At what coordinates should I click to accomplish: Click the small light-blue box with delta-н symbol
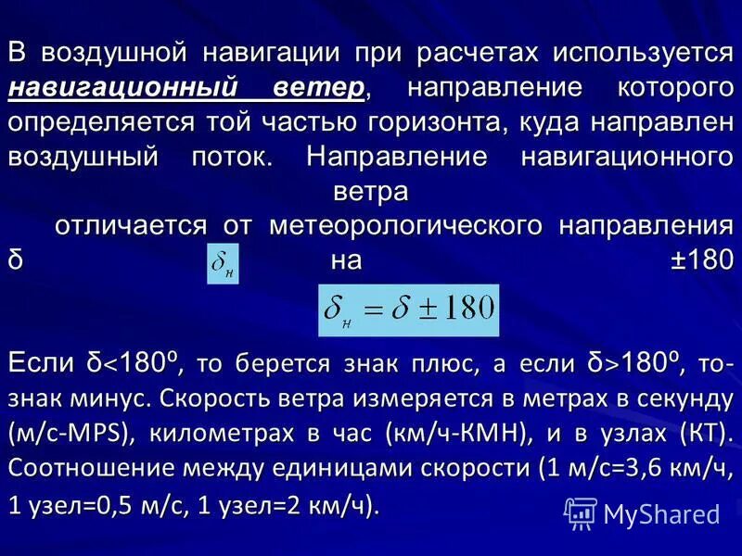coord(224,264)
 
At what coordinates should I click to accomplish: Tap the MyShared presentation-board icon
coord(580,512)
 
